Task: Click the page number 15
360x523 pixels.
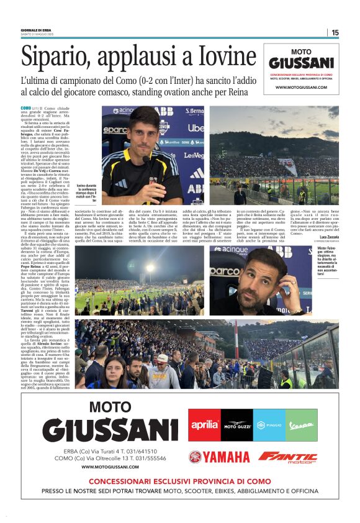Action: [335, 33]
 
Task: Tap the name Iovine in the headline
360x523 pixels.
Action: [214, 57]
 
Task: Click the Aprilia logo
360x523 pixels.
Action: [204, 424]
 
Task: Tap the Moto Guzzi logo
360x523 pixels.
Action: [236, 425]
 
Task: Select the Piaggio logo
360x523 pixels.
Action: [269, 425]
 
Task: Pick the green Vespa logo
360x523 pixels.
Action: [301, 425]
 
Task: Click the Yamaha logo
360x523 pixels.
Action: [218, 457]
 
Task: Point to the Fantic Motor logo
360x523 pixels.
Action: [287, 457]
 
